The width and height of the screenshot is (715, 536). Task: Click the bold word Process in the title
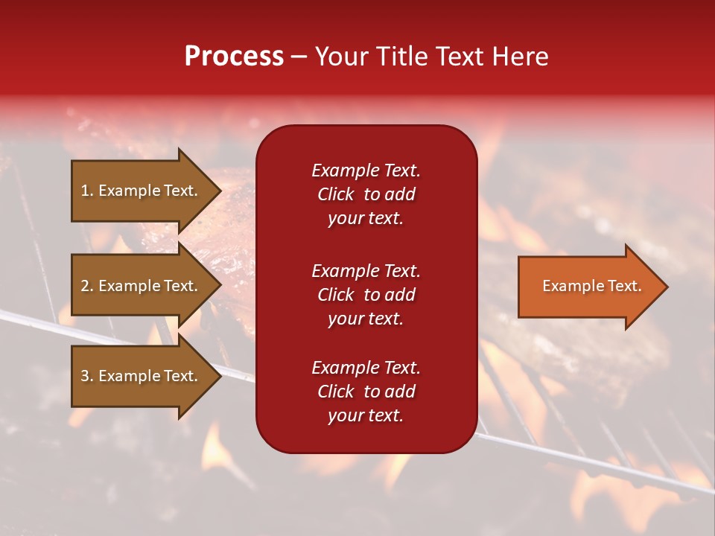234,57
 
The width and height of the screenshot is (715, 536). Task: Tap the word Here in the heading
520,57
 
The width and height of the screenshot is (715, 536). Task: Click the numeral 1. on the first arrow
86,191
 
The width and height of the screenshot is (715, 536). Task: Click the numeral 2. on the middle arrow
86,286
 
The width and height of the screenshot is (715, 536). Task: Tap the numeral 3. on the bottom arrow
86,376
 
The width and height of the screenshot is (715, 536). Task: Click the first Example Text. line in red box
366,170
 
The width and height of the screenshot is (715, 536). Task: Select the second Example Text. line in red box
366,270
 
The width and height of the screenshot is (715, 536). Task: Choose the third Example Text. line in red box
366,368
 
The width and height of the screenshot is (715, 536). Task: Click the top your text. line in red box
366,219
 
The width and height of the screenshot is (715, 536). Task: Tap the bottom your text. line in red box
366,416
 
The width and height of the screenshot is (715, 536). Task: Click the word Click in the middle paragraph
335,295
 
